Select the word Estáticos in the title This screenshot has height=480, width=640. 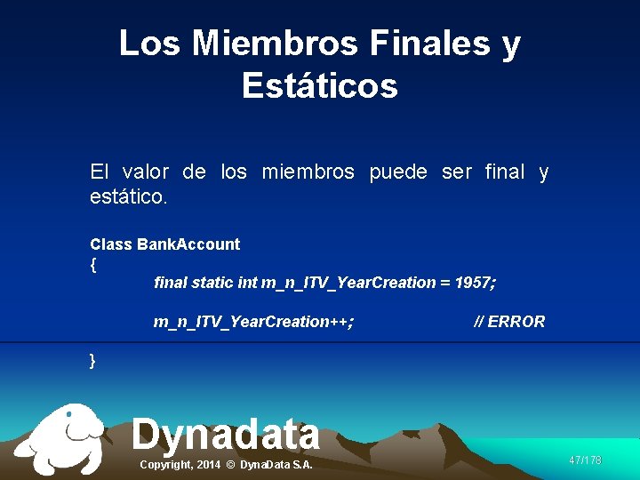point(319,86)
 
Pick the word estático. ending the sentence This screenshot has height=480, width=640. point(128,195)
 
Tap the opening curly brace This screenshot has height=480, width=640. point(93,265)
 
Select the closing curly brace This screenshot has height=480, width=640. point(93,360)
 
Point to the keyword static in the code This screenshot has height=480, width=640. point(212,283)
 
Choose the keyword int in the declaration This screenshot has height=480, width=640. point(248,283)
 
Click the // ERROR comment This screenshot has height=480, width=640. point(509,321)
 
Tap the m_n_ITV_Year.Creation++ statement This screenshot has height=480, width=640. point(253,321)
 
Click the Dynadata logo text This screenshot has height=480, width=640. point(226,434)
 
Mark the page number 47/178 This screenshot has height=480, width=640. point(585,460)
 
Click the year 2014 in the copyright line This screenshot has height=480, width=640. point(208,465)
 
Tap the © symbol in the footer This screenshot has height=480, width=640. point(230,465)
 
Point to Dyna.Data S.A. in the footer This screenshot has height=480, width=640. point(276,465)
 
